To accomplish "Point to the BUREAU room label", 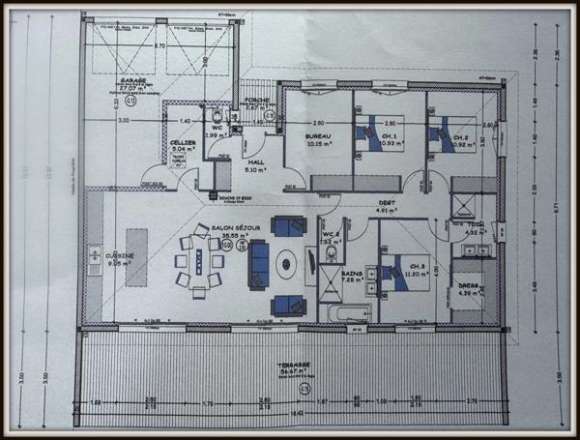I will [x=319, y=136].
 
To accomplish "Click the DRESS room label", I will [x=468, y=285].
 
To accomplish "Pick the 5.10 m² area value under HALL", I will [x=256, y=170].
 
